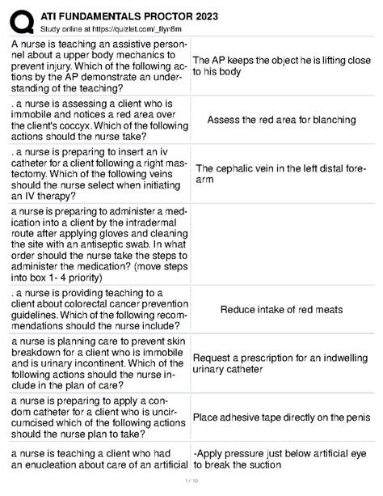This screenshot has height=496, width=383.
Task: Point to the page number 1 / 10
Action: click(x=191, y=485)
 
